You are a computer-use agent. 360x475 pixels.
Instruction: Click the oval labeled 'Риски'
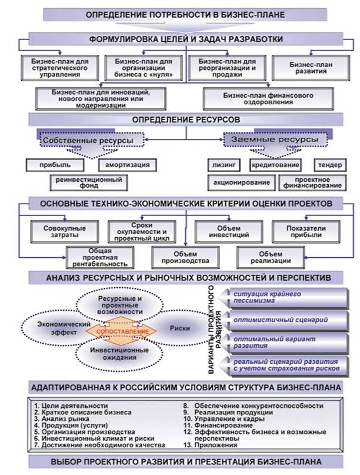click(179, 327)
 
